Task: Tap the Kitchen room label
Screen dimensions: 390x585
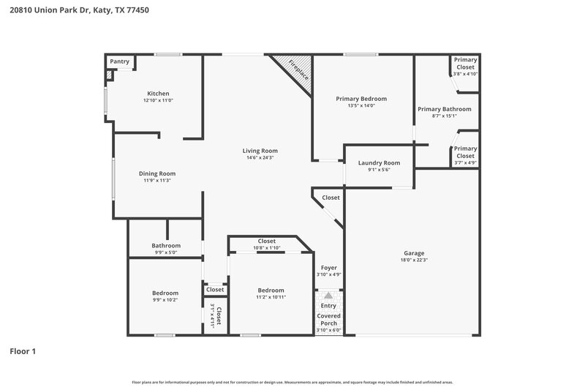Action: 159,94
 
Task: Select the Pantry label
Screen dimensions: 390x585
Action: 119,62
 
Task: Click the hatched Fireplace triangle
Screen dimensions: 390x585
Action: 297,71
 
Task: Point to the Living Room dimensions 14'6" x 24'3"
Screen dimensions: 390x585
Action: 260,158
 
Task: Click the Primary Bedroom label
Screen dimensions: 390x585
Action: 361,99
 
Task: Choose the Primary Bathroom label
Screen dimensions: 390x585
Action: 445,109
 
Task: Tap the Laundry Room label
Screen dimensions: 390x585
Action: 379,162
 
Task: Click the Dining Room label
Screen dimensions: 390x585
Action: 157,173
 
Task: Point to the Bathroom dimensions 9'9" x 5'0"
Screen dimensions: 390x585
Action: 165,252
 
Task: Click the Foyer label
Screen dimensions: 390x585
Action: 329,268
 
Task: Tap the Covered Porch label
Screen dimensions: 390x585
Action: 328,319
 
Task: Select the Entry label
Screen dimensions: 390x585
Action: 328,305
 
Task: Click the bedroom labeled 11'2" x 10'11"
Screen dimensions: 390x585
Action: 271,290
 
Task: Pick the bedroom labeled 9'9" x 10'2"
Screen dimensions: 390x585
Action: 165,293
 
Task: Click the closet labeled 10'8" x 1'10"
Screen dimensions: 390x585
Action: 266,241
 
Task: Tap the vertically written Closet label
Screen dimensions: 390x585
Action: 217,312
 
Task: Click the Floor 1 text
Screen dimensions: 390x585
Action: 22,351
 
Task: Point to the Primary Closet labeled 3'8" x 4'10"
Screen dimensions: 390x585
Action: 465,67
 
